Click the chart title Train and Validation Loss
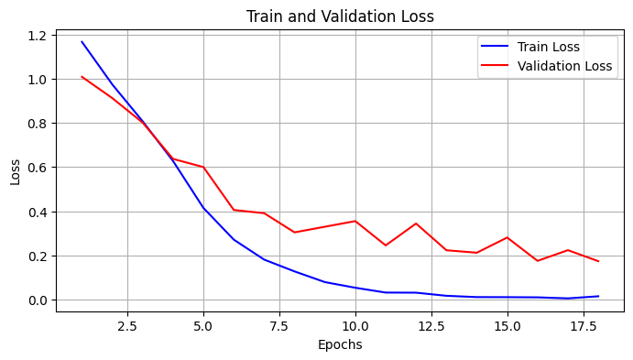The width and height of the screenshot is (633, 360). click(x=340, y=16)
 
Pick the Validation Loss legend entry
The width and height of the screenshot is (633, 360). click(x=563, y=66)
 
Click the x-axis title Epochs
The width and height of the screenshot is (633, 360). click(x=340, y=345)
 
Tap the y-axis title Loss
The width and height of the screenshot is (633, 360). click(x=16, y=171)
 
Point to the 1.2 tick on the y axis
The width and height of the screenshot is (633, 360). click(x=37, y=36)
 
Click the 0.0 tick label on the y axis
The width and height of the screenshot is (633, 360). click(x=37, y=300)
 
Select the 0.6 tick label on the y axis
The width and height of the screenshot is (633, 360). click(x=37, y=168)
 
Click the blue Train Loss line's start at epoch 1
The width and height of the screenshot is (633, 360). click(x=82, y=41)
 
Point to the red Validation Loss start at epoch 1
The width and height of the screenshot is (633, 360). click(x=82, y=77)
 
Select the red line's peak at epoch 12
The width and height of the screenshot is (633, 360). click(x=416, y=224)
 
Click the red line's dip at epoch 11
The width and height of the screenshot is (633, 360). click(x=386, y=245)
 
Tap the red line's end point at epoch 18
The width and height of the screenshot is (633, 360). click(x=598, y=261)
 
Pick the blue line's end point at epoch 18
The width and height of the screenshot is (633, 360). click(x=598, y=296)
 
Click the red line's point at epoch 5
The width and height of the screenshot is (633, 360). click(x=203, y=168)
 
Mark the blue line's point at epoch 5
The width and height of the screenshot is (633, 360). click(x=203, y=209)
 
